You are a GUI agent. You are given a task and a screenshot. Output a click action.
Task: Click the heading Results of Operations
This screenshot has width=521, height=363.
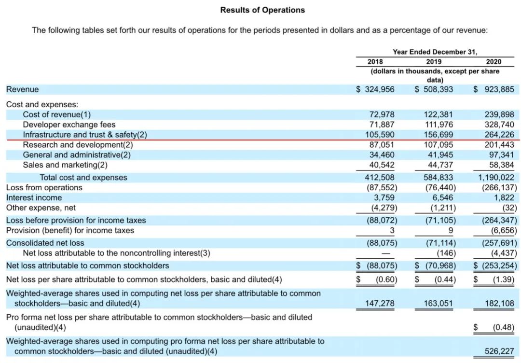point(262,10)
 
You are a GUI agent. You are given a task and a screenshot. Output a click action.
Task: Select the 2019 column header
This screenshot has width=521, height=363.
point(433,61)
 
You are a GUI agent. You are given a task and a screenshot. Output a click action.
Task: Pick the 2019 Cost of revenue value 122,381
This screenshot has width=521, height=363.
point(437,114)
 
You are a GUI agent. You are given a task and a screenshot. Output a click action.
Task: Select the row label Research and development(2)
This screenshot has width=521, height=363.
point(78,145)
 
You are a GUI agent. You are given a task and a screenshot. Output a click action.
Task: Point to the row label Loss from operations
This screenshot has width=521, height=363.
point(44,188)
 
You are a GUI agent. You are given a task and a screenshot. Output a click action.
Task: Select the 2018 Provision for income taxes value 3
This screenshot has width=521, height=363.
point(392,230)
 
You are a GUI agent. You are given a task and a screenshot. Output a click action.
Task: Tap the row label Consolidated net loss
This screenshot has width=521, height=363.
point(45,243)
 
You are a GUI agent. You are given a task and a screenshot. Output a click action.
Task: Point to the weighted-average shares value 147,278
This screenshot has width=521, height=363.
point(381,303)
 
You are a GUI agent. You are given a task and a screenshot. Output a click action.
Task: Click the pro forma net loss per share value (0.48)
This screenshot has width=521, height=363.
point(503,327)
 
